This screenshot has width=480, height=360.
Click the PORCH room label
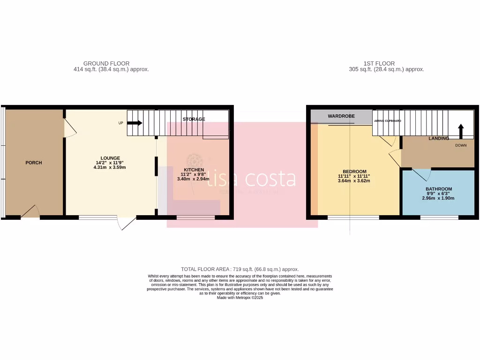pos(33,163)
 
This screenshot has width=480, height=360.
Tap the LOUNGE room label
pos(110,158)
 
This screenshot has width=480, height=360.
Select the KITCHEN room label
pos(194,169)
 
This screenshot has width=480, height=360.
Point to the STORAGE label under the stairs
pos(194,119)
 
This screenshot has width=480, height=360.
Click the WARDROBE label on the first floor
pos(341,115)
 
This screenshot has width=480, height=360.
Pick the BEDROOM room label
pos(354,172)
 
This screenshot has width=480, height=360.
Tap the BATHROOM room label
pos(439,189)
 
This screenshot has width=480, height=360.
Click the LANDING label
pos(439,138)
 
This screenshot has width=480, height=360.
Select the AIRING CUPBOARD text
pos(387,121)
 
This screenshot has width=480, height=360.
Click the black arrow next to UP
pos(135,123)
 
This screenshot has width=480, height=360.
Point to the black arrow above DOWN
pos(460,131)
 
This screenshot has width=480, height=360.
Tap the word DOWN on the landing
pos(461,145)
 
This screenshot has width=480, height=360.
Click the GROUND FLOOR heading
pos(106,63)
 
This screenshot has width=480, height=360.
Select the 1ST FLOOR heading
pos(379,63)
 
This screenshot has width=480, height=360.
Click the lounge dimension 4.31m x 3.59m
pos(110,167)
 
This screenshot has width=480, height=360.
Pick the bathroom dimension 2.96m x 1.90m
pos(439,198)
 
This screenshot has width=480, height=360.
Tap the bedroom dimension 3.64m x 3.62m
pos(354,181)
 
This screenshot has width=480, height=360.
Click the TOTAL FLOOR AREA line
pos(240,269)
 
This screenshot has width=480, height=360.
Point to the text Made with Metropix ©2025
pos(240,298)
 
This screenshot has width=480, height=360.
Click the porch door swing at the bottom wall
pos(30,212)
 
